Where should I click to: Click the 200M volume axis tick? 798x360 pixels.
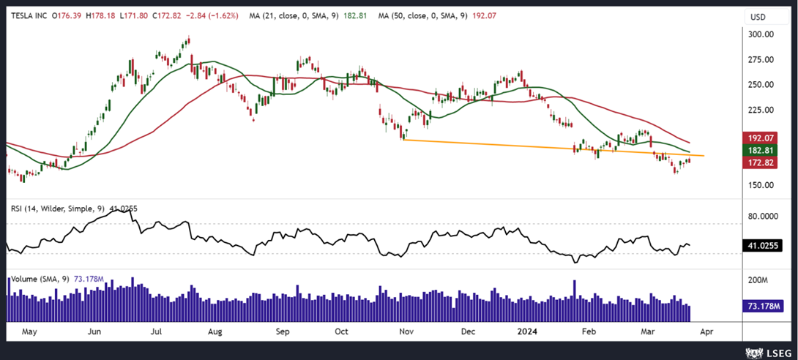(757, 281)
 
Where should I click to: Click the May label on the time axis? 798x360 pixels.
(29, 331)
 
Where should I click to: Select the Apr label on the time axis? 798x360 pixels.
(706, 331)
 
